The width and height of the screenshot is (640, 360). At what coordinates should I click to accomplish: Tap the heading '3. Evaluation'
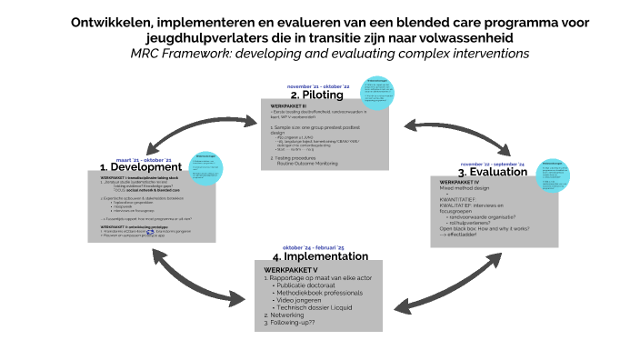pyautogui.click(x=493, y=172)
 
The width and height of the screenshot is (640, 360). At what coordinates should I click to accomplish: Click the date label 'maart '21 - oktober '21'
pyautogui.click(x=144, y=158)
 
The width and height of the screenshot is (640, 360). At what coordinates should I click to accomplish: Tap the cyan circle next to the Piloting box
pyautogui.click(x=378, y=95)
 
